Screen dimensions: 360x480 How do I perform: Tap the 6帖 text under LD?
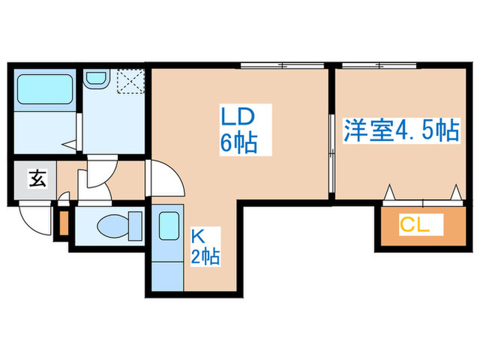click(239, 143)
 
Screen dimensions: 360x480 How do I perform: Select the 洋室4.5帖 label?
click(400, 131)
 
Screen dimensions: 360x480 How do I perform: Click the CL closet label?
click(415, 224)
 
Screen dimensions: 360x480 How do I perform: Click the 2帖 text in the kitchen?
click(206, 258)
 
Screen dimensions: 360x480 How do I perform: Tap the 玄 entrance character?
click(35, 180)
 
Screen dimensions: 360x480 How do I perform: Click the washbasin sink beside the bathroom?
click(95, 81)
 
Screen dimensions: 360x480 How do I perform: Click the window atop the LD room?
click(283, 66)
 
